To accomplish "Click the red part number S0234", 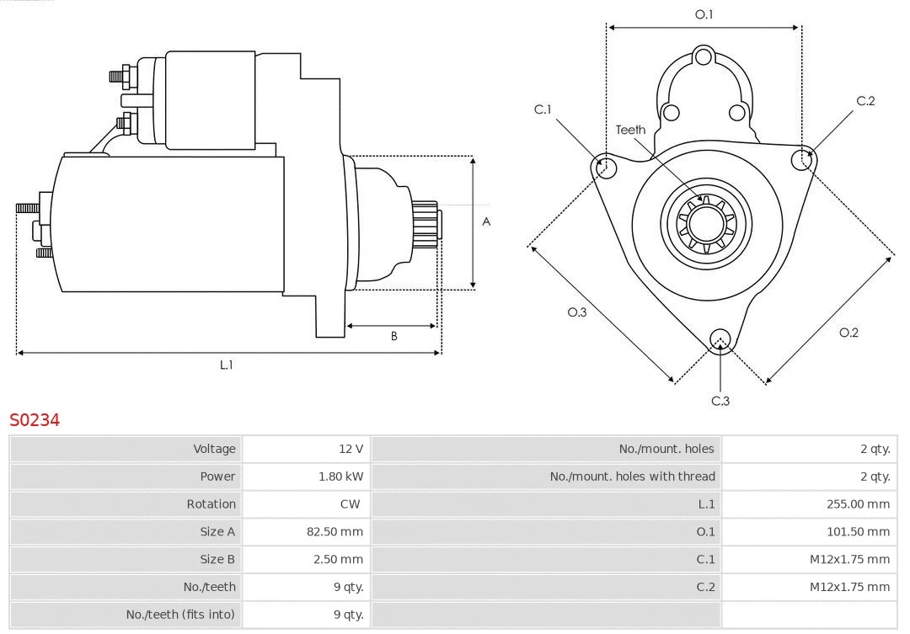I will coord(35,419).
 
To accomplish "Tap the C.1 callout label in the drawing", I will coord(543,109).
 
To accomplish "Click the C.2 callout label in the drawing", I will coord(865,101).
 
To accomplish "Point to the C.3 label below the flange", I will coord(720,401).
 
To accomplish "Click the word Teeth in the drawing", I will coord(630,130).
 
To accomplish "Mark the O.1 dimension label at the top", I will coord(704,14).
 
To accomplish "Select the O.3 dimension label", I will coord(577,312).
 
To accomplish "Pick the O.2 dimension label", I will coord(848,333).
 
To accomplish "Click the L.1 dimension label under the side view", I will coord(227,365).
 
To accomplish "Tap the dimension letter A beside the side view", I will coord(486,222).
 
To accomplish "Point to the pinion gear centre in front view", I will coord(706,226).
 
